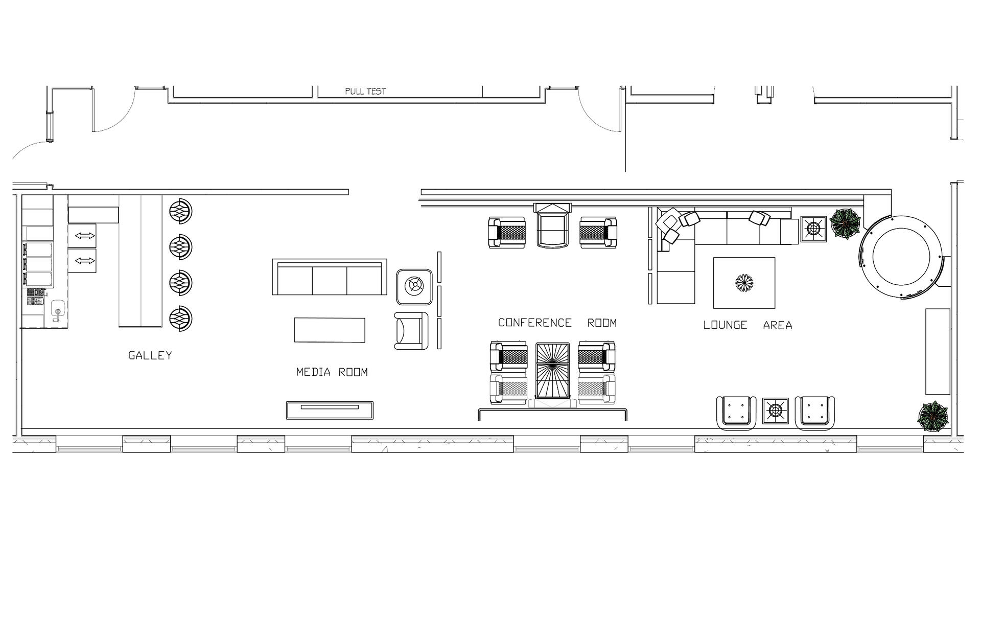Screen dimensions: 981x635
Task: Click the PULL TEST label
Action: pos(365,92)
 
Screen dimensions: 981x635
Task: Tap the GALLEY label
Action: pos(150,355)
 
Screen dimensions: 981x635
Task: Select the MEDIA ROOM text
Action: pos(332,372)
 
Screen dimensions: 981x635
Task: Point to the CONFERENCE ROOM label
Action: pos(557,323)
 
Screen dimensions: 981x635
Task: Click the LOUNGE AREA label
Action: pos(748,325)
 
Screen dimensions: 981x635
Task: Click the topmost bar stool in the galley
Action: pos(181,211)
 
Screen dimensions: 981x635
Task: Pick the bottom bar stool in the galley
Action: pos(181,319)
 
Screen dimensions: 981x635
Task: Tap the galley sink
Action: pos(58,311)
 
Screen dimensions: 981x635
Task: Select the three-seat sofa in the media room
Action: pos(330,277)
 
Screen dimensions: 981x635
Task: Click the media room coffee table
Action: pos(330,330)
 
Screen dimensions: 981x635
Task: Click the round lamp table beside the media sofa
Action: pos(415,285)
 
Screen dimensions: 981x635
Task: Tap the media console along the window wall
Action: pos(330,410)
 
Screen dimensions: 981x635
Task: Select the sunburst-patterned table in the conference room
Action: pos(552,371)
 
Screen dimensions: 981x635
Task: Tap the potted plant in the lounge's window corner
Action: pos(933,417)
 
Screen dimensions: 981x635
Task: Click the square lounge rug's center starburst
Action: pos(744,283)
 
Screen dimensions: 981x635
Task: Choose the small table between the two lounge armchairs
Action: pos(776,411)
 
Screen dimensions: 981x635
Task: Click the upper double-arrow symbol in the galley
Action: pos(85,236)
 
